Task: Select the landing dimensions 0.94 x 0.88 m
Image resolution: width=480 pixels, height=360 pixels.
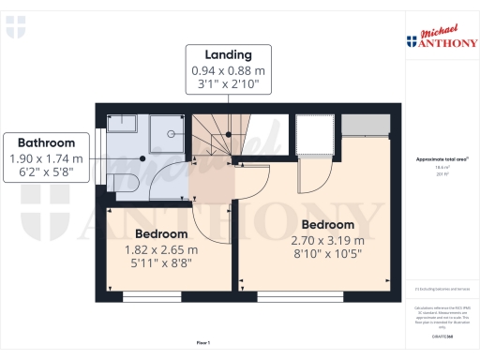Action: coord(229,70)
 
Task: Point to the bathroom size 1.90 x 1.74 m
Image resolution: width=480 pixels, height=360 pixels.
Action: coord(46,158)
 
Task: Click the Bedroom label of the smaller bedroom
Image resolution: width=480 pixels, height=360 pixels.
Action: coord(161,233)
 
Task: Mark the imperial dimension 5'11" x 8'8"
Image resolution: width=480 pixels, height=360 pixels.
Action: coord(161,264)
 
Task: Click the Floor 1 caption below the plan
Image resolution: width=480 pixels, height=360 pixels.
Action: coord(203,343)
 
